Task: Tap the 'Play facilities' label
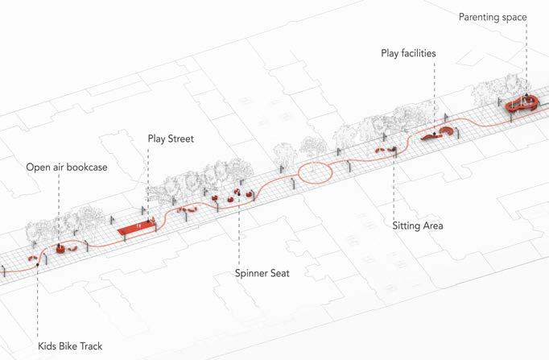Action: (408, 53)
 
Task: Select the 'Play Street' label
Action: (171, 139)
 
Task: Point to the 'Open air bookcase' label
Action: (67, 167)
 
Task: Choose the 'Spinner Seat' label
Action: (262, 273)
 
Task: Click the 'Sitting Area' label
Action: (418, 226)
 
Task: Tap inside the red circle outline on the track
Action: (315, 172)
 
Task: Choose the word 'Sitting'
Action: (407, 226)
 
